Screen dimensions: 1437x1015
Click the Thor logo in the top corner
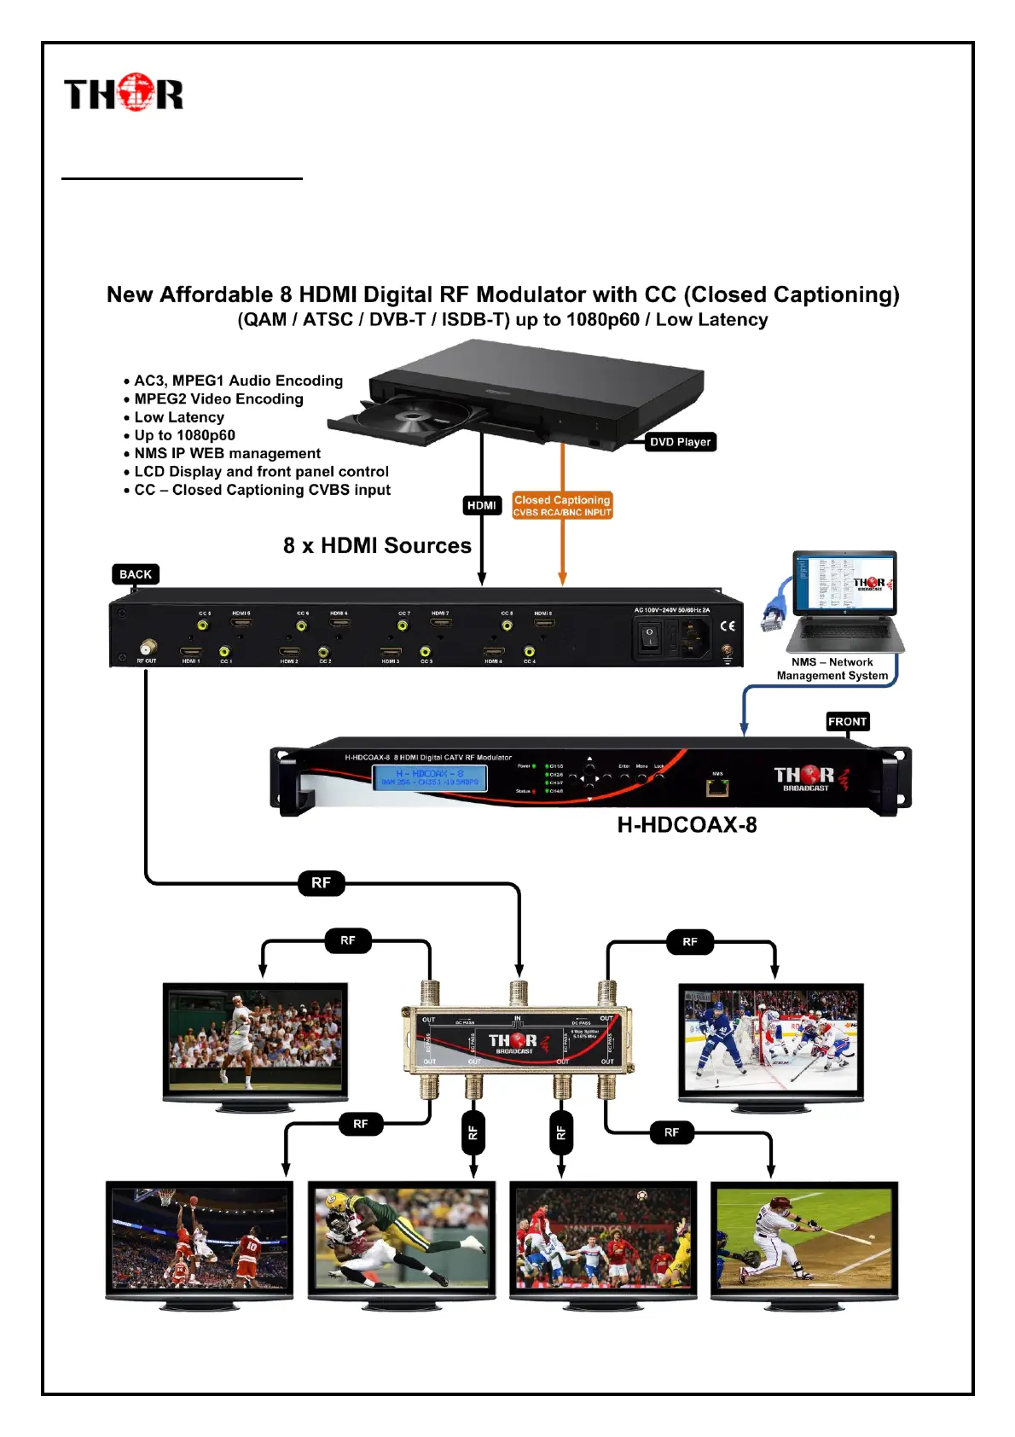tap(124, 93)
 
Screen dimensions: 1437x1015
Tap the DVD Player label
tap(680, 442)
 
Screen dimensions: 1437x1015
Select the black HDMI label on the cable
tap(481, 505)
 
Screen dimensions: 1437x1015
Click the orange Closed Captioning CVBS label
tap(562, 506)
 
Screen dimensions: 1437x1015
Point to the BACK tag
tap(136, 574)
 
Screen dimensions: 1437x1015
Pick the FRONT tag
tap(847, 722)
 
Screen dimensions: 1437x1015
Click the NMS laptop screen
tap(844, 582)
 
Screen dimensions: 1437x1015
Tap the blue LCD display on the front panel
tap(429, 777)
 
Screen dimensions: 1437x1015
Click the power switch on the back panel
tap(650, 637)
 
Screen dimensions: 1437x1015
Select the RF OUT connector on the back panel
tap(148, 646)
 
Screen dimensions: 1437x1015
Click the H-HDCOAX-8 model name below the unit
tap(687, 825)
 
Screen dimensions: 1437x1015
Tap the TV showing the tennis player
tap(255, 1041)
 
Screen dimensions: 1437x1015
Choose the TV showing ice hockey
tap(771, 1041)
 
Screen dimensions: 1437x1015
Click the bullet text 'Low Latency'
tap(179, 417)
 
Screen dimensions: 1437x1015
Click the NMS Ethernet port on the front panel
tap(716, 787)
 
